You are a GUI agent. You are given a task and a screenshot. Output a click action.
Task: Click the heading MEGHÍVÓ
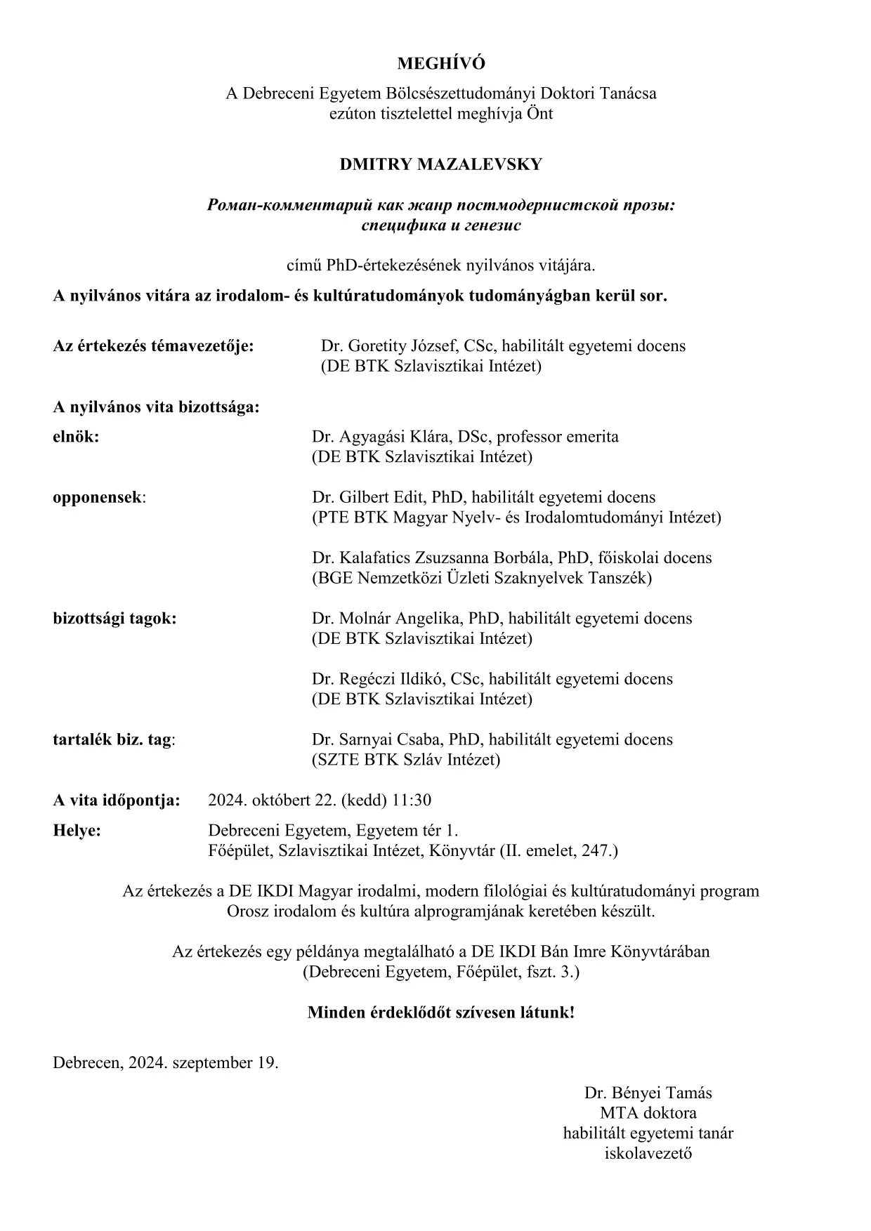tap(440, 63)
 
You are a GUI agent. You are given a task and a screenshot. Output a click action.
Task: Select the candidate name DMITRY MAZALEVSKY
tap(440, 164)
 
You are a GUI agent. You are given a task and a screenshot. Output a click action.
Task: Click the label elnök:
tap(76, 436)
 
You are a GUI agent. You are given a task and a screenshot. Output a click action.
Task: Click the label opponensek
tap(98, 497)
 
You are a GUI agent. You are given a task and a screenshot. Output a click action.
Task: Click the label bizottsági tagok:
tap(114, 618)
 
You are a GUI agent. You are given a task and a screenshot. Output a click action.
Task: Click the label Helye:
tap(77, 830)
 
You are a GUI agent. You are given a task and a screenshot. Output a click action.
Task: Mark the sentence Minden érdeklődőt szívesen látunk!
tap(440, 1013)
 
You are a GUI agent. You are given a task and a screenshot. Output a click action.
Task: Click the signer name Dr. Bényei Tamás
tap(648, 1093)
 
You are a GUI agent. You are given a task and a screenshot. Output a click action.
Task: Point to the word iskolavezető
tap(648, 1153)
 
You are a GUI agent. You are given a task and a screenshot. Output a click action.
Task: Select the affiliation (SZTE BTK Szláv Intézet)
tap(406, 759)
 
